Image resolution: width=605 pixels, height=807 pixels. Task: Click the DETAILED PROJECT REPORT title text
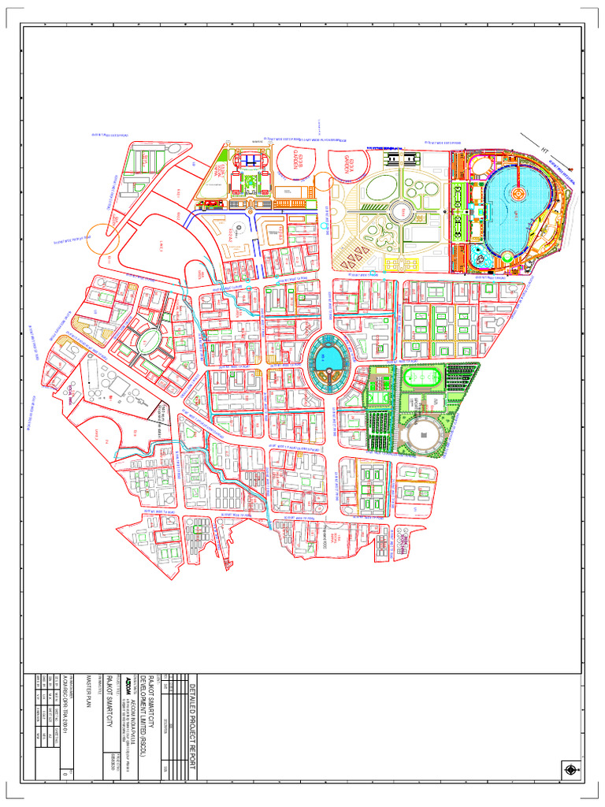point(195,730)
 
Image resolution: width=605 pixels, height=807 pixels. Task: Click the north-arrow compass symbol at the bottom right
point(570,769)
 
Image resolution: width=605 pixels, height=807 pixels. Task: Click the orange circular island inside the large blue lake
point(518,192)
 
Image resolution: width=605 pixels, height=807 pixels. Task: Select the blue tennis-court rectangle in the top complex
point(250,161)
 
